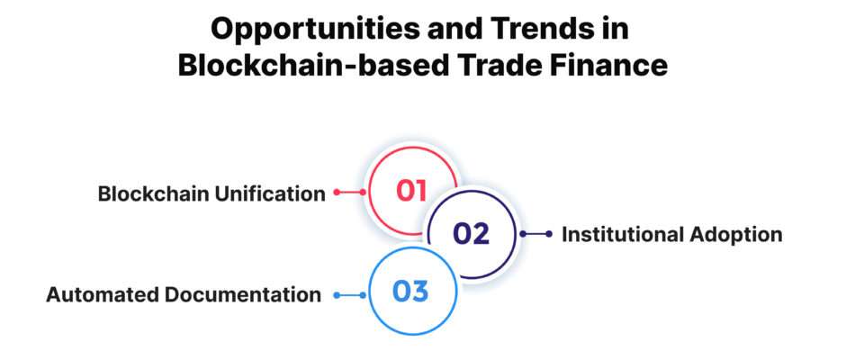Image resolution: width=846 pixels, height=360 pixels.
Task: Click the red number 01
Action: click(x=411, y=191)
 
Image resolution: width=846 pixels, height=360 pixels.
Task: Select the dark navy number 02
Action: click(x=471, y=234)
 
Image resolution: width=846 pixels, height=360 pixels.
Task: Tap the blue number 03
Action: click(x=409, y=292)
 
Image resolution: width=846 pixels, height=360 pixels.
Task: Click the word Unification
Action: click(x=270, y=193)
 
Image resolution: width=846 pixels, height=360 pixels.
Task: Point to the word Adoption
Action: click(x=734, y=236)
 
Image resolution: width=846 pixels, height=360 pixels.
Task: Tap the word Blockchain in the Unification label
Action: click(x=154, y=193)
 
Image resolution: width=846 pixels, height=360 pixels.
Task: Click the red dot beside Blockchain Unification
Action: click(x=337, y=192)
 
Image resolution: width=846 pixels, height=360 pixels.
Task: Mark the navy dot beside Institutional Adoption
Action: click(x=549, y=234)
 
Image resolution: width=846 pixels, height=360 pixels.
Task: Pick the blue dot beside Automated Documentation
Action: click(x=337, y=295)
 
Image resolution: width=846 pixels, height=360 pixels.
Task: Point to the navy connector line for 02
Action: click(x=535, y=234)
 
